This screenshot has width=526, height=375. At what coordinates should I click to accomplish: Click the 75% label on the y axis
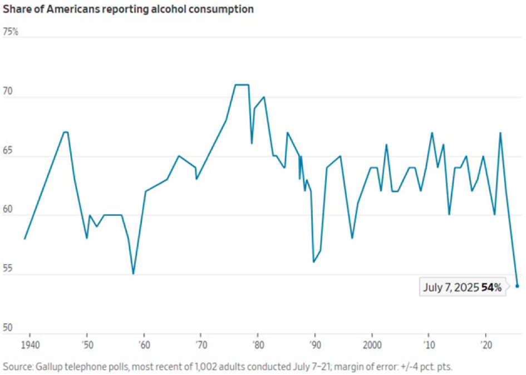[11, 32]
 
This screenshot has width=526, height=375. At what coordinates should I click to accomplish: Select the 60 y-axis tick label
[9, 210]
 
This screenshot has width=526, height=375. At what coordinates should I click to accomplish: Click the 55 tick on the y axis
[9, 269]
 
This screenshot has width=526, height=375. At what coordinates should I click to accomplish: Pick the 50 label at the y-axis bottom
[9, 328]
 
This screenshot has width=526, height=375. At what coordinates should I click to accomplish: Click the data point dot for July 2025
[517, 286]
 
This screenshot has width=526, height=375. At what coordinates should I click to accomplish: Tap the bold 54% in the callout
[491, 288]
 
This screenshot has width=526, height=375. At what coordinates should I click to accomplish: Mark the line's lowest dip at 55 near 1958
[133, 273]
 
